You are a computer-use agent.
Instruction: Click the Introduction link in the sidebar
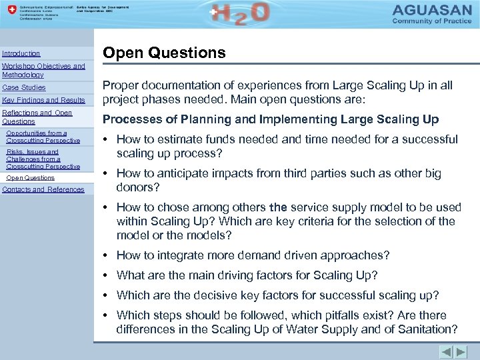pos(21,53)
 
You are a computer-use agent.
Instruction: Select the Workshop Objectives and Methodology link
pos(43,71)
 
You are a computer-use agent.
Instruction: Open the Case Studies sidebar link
pos(24,87)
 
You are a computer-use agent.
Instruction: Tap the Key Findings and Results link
pos(44,100)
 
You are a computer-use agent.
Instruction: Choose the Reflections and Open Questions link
pos(37,117)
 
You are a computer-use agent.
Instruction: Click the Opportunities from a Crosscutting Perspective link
pos(43,137)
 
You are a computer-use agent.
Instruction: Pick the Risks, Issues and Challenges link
pos(43,159)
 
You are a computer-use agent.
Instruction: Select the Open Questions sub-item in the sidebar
pos(30,178)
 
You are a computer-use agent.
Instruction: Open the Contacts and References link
pos(43,189)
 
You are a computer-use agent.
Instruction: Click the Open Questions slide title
pos(164,53)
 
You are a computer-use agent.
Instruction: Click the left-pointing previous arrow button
pos(446,351)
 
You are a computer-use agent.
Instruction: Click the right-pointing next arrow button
pos(461,351)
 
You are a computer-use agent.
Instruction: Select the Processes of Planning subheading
pos(270,119)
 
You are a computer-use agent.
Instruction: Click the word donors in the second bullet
pos(138,187)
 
